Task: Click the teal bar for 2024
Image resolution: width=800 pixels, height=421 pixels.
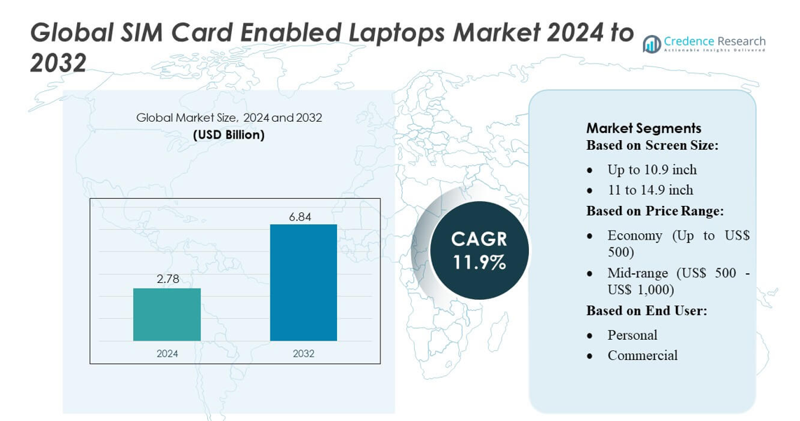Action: (x=167, y=315)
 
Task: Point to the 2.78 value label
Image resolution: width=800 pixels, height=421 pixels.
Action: (x=167, y=279)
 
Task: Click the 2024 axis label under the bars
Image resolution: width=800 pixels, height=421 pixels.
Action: (x=167, y=353)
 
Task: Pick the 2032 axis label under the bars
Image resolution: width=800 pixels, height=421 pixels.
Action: (x=303, y=353)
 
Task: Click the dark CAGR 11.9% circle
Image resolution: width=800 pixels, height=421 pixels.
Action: (x=479, y=251)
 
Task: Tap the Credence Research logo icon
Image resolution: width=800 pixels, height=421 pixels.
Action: (x=652, y=44)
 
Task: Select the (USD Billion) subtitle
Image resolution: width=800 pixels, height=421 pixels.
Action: (x=229, y=134)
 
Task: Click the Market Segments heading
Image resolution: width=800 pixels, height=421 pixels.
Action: (x=643, y=128)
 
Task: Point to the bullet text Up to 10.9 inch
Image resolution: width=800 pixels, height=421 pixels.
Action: (x=651, y=170)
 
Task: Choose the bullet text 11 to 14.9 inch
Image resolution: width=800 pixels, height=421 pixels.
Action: (x=650, y=190)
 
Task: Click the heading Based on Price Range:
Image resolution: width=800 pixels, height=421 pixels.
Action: (x=654, y=210)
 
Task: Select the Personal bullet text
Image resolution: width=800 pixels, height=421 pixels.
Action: (x=632, y=335)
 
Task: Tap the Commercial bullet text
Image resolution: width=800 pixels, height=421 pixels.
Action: (x=642, y=355)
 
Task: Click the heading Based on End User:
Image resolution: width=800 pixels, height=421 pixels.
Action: (x=646, y=310)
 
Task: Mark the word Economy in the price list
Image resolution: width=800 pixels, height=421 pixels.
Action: (x=635, y=235)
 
